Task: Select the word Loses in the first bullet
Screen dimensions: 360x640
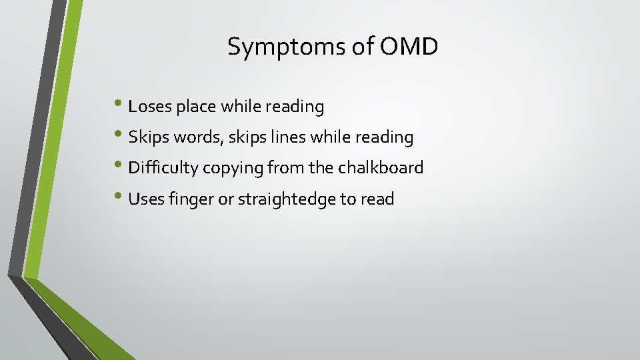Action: coord(150,107)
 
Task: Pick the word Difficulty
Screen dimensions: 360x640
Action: coord(163,168)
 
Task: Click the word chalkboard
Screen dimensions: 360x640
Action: coord(381,168)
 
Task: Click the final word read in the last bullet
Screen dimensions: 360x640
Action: coord(377,199)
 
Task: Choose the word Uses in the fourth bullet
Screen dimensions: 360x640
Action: coord(144,199)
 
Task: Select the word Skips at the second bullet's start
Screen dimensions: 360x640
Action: coord(147,138)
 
